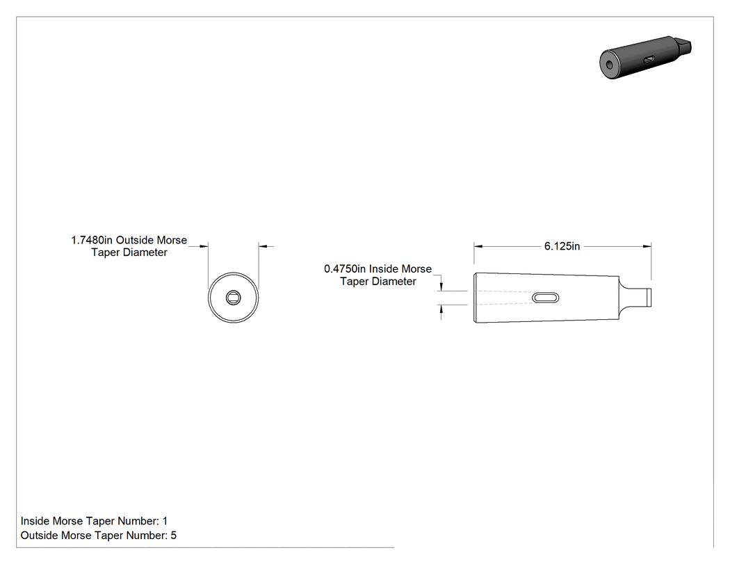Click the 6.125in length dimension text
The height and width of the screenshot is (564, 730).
pyautogui.click(x=562, y=246)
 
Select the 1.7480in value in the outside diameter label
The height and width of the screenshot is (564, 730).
pyautogui.click(x=92, y=241)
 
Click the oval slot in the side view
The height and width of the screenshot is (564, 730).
pyautogui.click(x=546, y=298)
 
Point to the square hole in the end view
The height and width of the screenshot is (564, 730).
pyautogui.click(x=233, y=298)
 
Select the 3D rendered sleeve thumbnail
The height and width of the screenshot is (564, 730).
pyautogui.click(x=645, y=57)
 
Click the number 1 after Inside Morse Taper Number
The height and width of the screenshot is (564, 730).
pyautogui.click(x=165, y=521)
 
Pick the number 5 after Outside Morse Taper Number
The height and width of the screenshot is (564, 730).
pyautogui.click(x=174, y=535)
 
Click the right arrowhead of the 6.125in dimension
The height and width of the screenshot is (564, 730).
pyautogui.click(x=647, y=246)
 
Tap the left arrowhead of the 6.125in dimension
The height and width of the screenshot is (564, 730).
pyautogui.click(x=478, y=246)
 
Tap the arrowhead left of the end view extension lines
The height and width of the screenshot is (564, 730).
pyautogui.click(x=204, y=246)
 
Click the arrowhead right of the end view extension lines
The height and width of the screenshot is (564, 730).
pyautogui.click(x=263, y=246)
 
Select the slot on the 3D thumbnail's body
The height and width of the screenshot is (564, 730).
pyautogui.click(x=649, y=59)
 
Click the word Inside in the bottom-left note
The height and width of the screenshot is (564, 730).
pyautogui.click(x=35, y=521)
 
